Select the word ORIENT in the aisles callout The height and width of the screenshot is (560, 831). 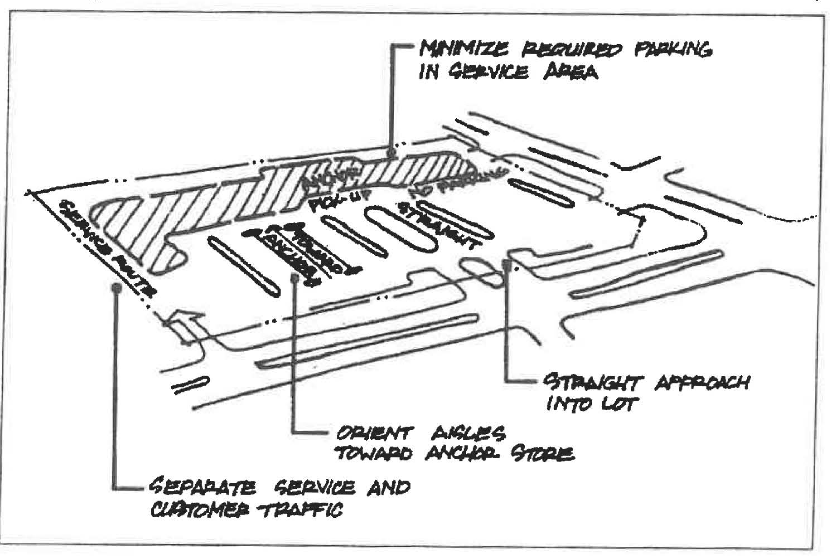click(x=375, y=434)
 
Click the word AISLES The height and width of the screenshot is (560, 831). click(x=468, y=434)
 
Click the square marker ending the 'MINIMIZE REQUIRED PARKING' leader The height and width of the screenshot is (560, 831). click(x=392, y=153)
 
